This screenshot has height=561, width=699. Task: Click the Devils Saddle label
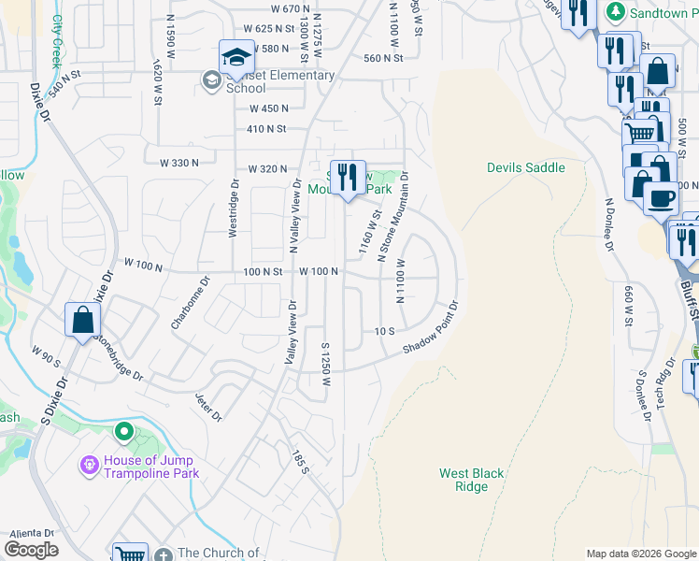click(x=525, y=167)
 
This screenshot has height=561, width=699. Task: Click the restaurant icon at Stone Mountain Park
click(x=348, y=176)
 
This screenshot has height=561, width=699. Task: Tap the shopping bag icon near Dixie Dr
click(x=83, y=320)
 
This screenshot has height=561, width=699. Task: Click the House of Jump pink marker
click(x=90, y=465)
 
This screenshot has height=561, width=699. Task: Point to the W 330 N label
click(x=179, y=163)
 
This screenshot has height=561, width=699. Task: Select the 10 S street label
click(x=386, y=332)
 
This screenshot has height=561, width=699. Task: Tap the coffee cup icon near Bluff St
click(x=662, y=198)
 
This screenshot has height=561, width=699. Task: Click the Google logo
click(x=32, y=550)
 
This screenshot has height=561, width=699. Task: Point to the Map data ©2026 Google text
click(x=640, y=554)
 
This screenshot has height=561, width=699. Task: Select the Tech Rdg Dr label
click(x=663, y=378)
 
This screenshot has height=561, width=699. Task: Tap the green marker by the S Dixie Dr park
click(x=123, y=433)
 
